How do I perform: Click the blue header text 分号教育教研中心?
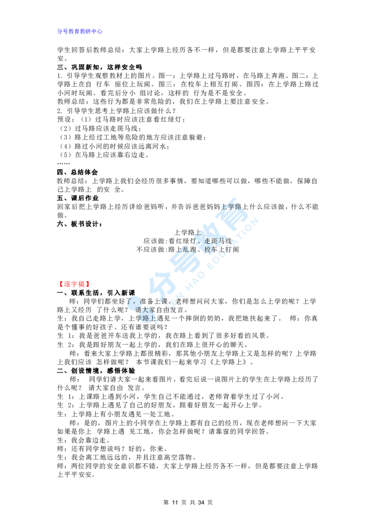point(80,31)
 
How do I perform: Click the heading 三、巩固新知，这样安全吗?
point(100,67)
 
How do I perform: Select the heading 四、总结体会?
point(78,172)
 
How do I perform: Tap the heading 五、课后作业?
point(78,198)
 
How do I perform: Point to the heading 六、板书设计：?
point(80,224)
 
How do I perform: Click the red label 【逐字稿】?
point(73,284)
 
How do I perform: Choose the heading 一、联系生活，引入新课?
point(96,292)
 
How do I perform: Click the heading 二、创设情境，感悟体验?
point(96,370)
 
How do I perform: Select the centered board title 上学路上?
point(188,233)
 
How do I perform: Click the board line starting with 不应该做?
point(188,250)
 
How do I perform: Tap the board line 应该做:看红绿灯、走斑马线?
point(188,241)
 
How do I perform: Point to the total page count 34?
point(201,502)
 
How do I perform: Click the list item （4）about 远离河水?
point(114,146)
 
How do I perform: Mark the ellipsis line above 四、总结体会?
point(63,164)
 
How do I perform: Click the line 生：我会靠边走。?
point(84,440)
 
